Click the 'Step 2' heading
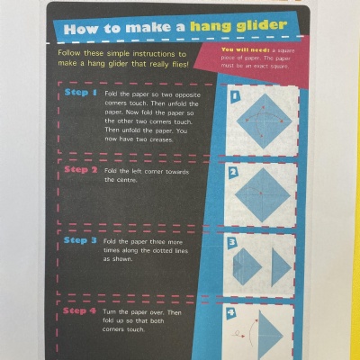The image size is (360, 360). [x=81, y=169]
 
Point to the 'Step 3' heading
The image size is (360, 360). [x=80, y=240]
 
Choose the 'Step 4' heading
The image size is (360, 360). [x=79, y=310]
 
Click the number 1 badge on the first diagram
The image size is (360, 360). [x=235, y=95]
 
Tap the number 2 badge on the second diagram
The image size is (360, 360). [x=233, y=173]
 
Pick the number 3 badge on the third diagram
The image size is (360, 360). [x=232, y=242]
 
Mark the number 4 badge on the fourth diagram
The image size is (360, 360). [x=230, y=313]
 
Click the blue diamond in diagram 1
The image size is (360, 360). [x=264, y=121]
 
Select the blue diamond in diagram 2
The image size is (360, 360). [x=263, y=195]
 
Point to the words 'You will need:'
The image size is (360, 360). [x=246, y=49]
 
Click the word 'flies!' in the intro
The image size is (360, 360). [x=181, y=64]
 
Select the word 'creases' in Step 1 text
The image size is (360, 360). [x=161, y=139]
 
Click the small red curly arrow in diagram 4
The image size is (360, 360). [x=239, y=334]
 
